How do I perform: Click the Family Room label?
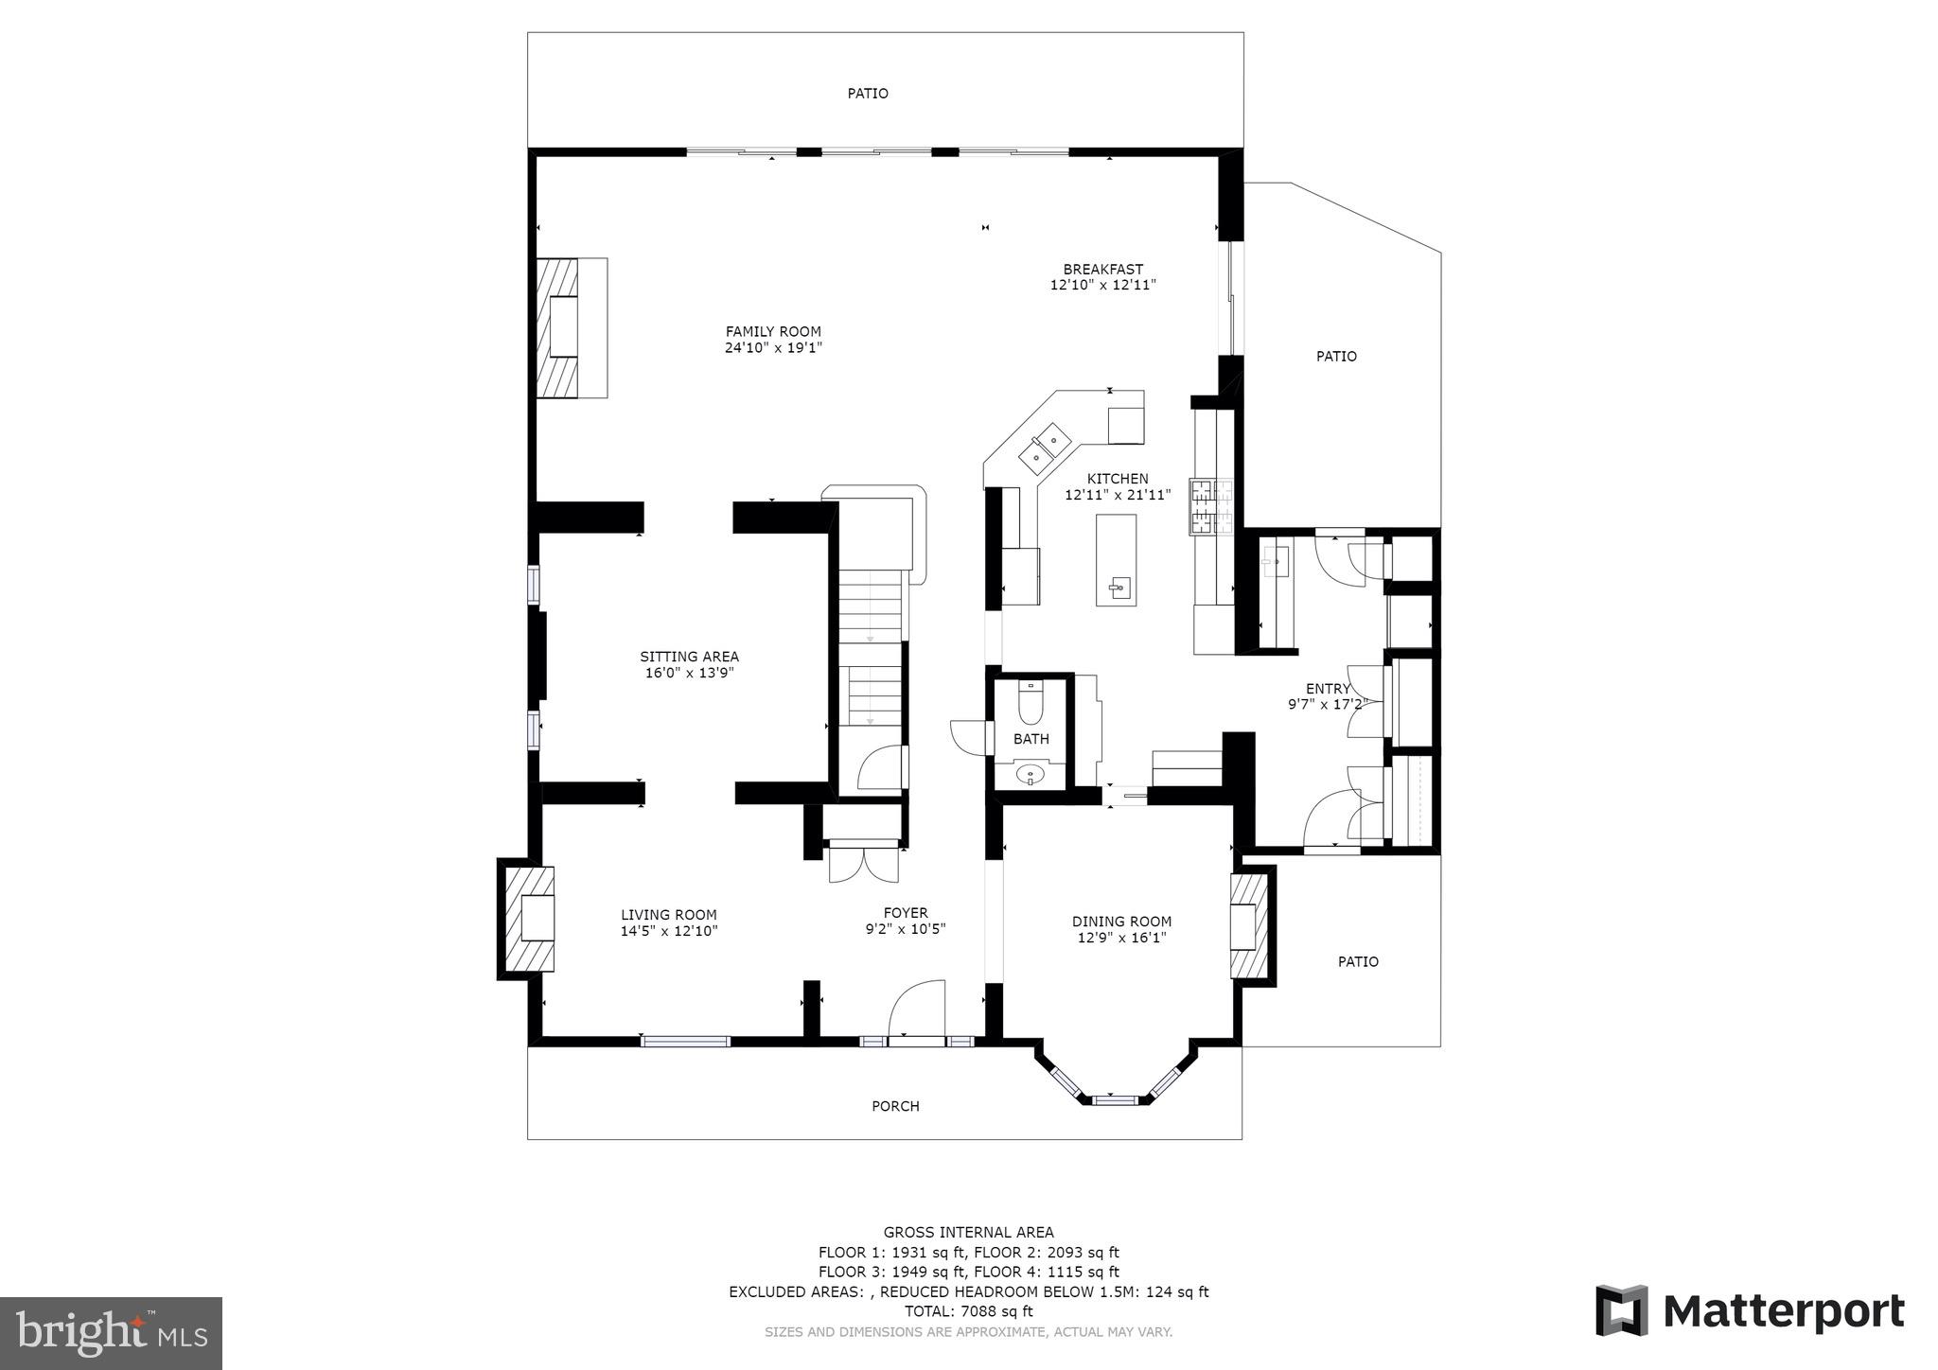click(773, 331)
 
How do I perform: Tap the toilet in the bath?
click(1031, 704)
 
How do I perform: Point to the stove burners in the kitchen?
click(1212, 508)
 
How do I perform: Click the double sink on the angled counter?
click(1045, 448)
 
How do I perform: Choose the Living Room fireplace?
click(527, 917)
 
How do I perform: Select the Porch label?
click(895, 1106)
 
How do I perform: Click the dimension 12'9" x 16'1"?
click(1121, 938)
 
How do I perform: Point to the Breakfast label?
click(1102, 269)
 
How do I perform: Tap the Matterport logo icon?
click(1622, 1310)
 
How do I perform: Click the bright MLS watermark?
click(112, 1333)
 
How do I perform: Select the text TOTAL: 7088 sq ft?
click(968, 1311)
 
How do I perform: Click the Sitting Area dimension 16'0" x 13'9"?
click(689, 673)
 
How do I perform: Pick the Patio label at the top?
click(868, 93)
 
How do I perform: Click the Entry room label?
click(1328, 689)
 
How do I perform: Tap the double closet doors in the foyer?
click(863, 863)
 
